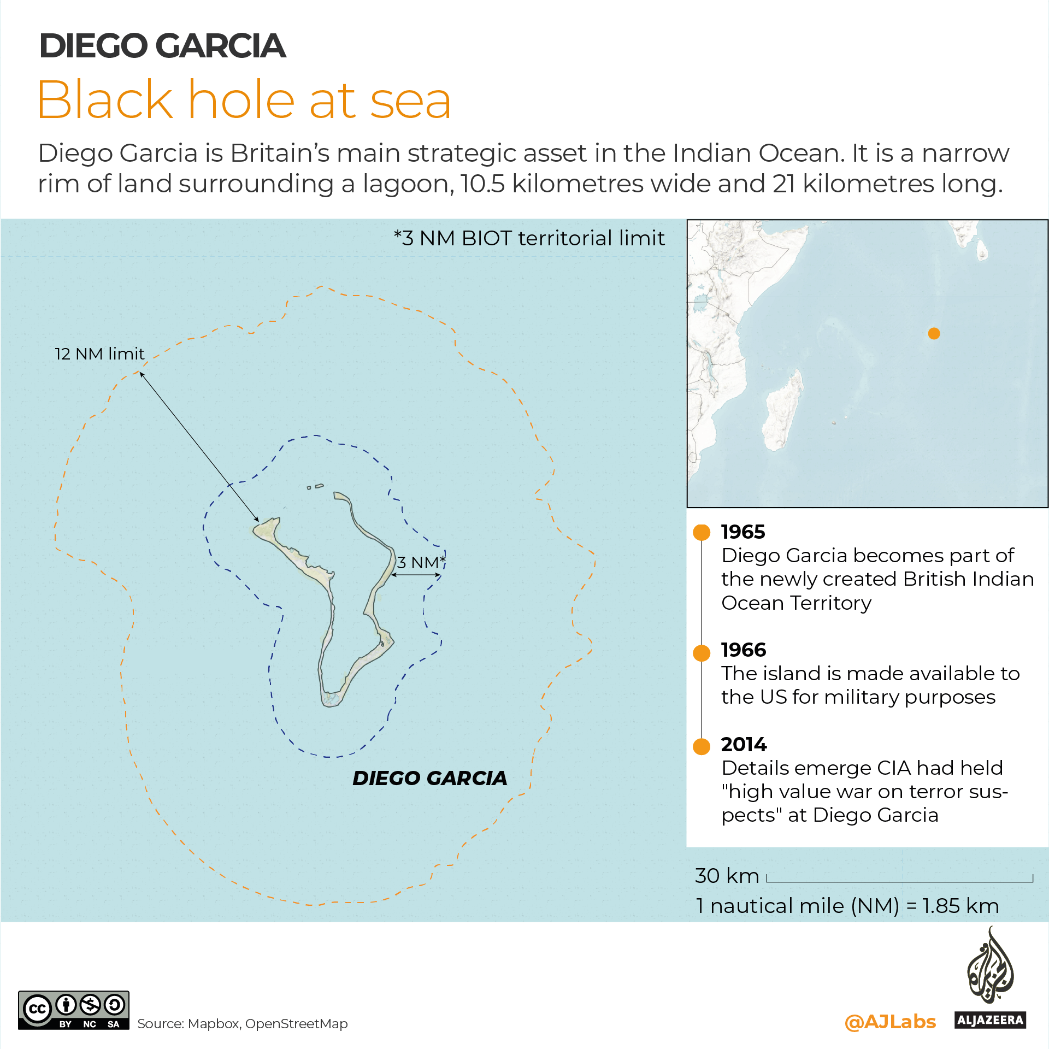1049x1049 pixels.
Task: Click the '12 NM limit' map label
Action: pyautogui.click(x=99, y=354)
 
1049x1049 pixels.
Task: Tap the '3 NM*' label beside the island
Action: pyautogui.click(x=421, y=562)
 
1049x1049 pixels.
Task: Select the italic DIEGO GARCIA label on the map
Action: pyautogui.click(x=429, y=778)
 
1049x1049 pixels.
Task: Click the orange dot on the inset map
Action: pyautogui.click(x=934, y=333)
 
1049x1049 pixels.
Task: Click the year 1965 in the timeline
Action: pyautogui.click(x=743, y=532)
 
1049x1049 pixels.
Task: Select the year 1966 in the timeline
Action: pyautogui.click(x=743, y=650)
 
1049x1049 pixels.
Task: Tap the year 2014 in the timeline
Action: pyautogui.click(x=744, y=744)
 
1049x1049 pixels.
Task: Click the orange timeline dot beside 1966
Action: pyautogui.click(x=702, y=652)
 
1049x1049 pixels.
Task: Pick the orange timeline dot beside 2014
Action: pyautogui.click(x=702, y=746)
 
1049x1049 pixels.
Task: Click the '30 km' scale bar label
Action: pyautogui.click(x=727, y=876)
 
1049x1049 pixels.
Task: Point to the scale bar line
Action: pyautogui.click(x=900, y=881)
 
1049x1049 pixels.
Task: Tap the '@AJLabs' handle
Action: pyautogui.click(x=890, y=1022)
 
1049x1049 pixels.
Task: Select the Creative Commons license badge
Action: pyautogui.click(x=74, y=1010)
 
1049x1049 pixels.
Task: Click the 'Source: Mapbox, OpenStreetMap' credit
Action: pyautogui.click(x=242, y=1024)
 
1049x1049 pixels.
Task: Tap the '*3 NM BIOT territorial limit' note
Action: pyautogui.click(x=529, y=238)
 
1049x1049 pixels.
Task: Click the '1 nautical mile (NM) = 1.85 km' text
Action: pyautogui.click(x=847, y=906)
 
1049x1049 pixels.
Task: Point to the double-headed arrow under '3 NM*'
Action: pyautogui.click(x=416, y=575)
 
